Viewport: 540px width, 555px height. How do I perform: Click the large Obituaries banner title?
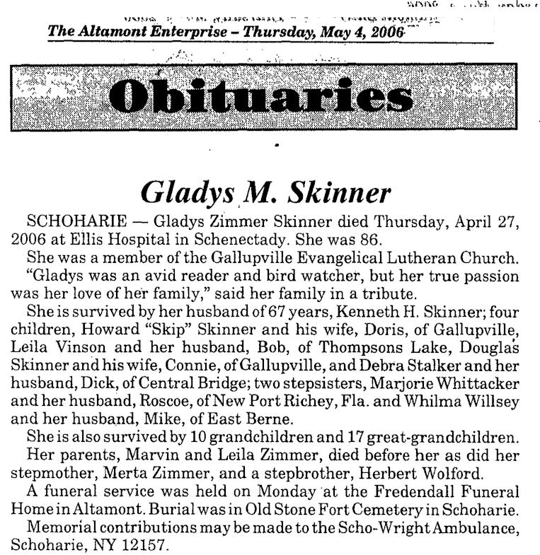click(262, 98)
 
